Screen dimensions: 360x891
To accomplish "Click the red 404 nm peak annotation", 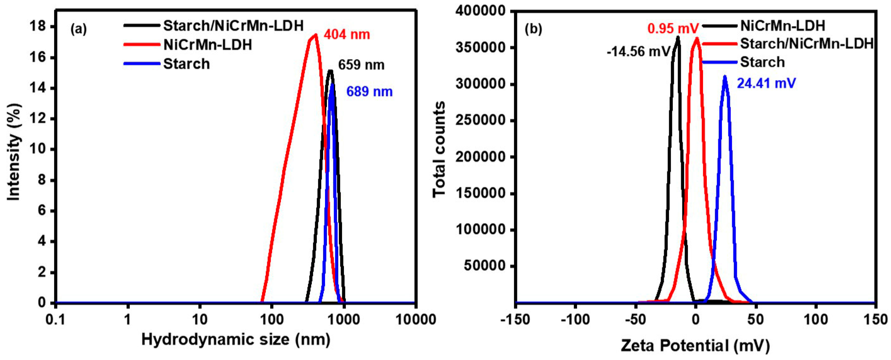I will (x=347, y=35).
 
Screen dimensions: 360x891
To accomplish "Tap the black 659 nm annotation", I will (x=361, y=65).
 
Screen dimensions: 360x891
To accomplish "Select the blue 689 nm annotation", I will (x=369, y=92).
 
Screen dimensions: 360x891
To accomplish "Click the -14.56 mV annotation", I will (x=638, y=52).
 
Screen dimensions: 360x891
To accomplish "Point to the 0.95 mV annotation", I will (x=673, y=28).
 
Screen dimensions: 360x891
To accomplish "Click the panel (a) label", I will (x=78, y=29).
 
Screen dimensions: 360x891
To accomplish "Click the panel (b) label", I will (x=533, y=29).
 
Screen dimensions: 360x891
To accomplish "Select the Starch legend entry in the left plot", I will (x=186, y=64).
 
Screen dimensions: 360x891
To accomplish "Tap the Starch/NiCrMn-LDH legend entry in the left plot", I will (x=233, y=26).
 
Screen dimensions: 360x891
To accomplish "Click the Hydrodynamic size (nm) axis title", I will (x=236, y=340).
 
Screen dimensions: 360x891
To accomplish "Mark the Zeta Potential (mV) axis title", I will (x=695, y=345).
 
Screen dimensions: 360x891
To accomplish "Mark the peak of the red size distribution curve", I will (x=316, y=35).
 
